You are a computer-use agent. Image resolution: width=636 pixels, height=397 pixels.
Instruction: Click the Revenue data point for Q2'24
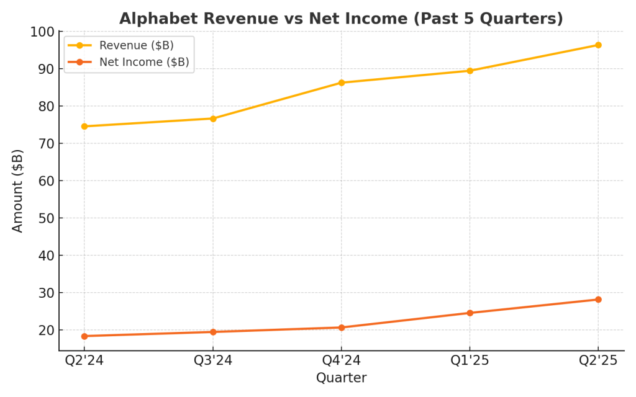[84, 127]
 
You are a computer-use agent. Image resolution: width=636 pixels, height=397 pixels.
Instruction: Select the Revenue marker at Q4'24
[342, 83]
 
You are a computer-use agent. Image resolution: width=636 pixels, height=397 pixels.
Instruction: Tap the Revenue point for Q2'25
[598, 45]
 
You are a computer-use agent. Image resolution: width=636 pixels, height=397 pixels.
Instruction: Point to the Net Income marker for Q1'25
[470, 313]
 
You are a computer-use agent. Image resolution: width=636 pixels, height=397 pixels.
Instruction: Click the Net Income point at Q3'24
[213, 332]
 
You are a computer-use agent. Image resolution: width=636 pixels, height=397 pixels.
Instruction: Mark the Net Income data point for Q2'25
[598, 300]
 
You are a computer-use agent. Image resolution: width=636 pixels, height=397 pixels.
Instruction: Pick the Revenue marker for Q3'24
[213, 118]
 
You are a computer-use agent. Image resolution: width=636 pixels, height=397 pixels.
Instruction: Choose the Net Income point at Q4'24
[342, 328]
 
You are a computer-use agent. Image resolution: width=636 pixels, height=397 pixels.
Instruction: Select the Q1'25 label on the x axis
[470, 361]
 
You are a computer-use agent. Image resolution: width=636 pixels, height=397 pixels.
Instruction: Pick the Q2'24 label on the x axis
[84, 361]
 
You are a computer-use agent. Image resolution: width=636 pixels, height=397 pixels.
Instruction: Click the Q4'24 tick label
[342, 361]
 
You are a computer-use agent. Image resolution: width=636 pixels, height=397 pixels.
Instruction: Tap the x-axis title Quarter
[341, 378]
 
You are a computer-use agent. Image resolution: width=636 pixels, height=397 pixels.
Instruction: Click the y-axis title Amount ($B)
[18, 190]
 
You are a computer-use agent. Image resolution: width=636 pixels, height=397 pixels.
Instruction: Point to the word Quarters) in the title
[530, 19]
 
